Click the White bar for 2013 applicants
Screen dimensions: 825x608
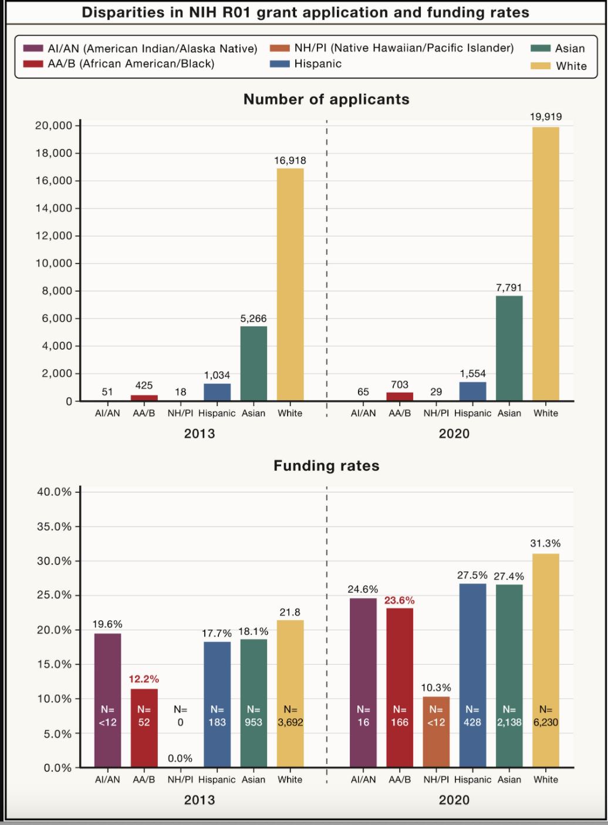290,285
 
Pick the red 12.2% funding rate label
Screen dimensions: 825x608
144,679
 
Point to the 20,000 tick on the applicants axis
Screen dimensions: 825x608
54,126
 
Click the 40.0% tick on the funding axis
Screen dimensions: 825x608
54,492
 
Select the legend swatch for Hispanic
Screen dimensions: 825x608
280,64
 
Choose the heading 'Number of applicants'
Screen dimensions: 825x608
326,99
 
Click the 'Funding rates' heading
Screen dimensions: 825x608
326,466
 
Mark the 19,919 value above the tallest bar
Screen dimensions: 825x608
546,117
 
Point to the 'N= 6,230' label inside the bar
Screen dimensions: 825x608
546,716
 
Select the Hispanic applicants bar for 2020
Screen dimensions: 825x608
472,391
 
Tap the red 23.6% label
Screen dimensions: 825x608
399,600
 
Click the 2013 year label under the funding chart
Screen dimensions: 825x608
200,800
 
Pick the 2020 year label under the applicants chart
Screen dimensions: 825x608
454,434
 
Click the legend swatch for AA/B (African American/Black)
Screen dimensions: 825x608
33,64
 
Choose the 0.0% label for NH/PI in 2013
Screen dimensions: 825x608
180,758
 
